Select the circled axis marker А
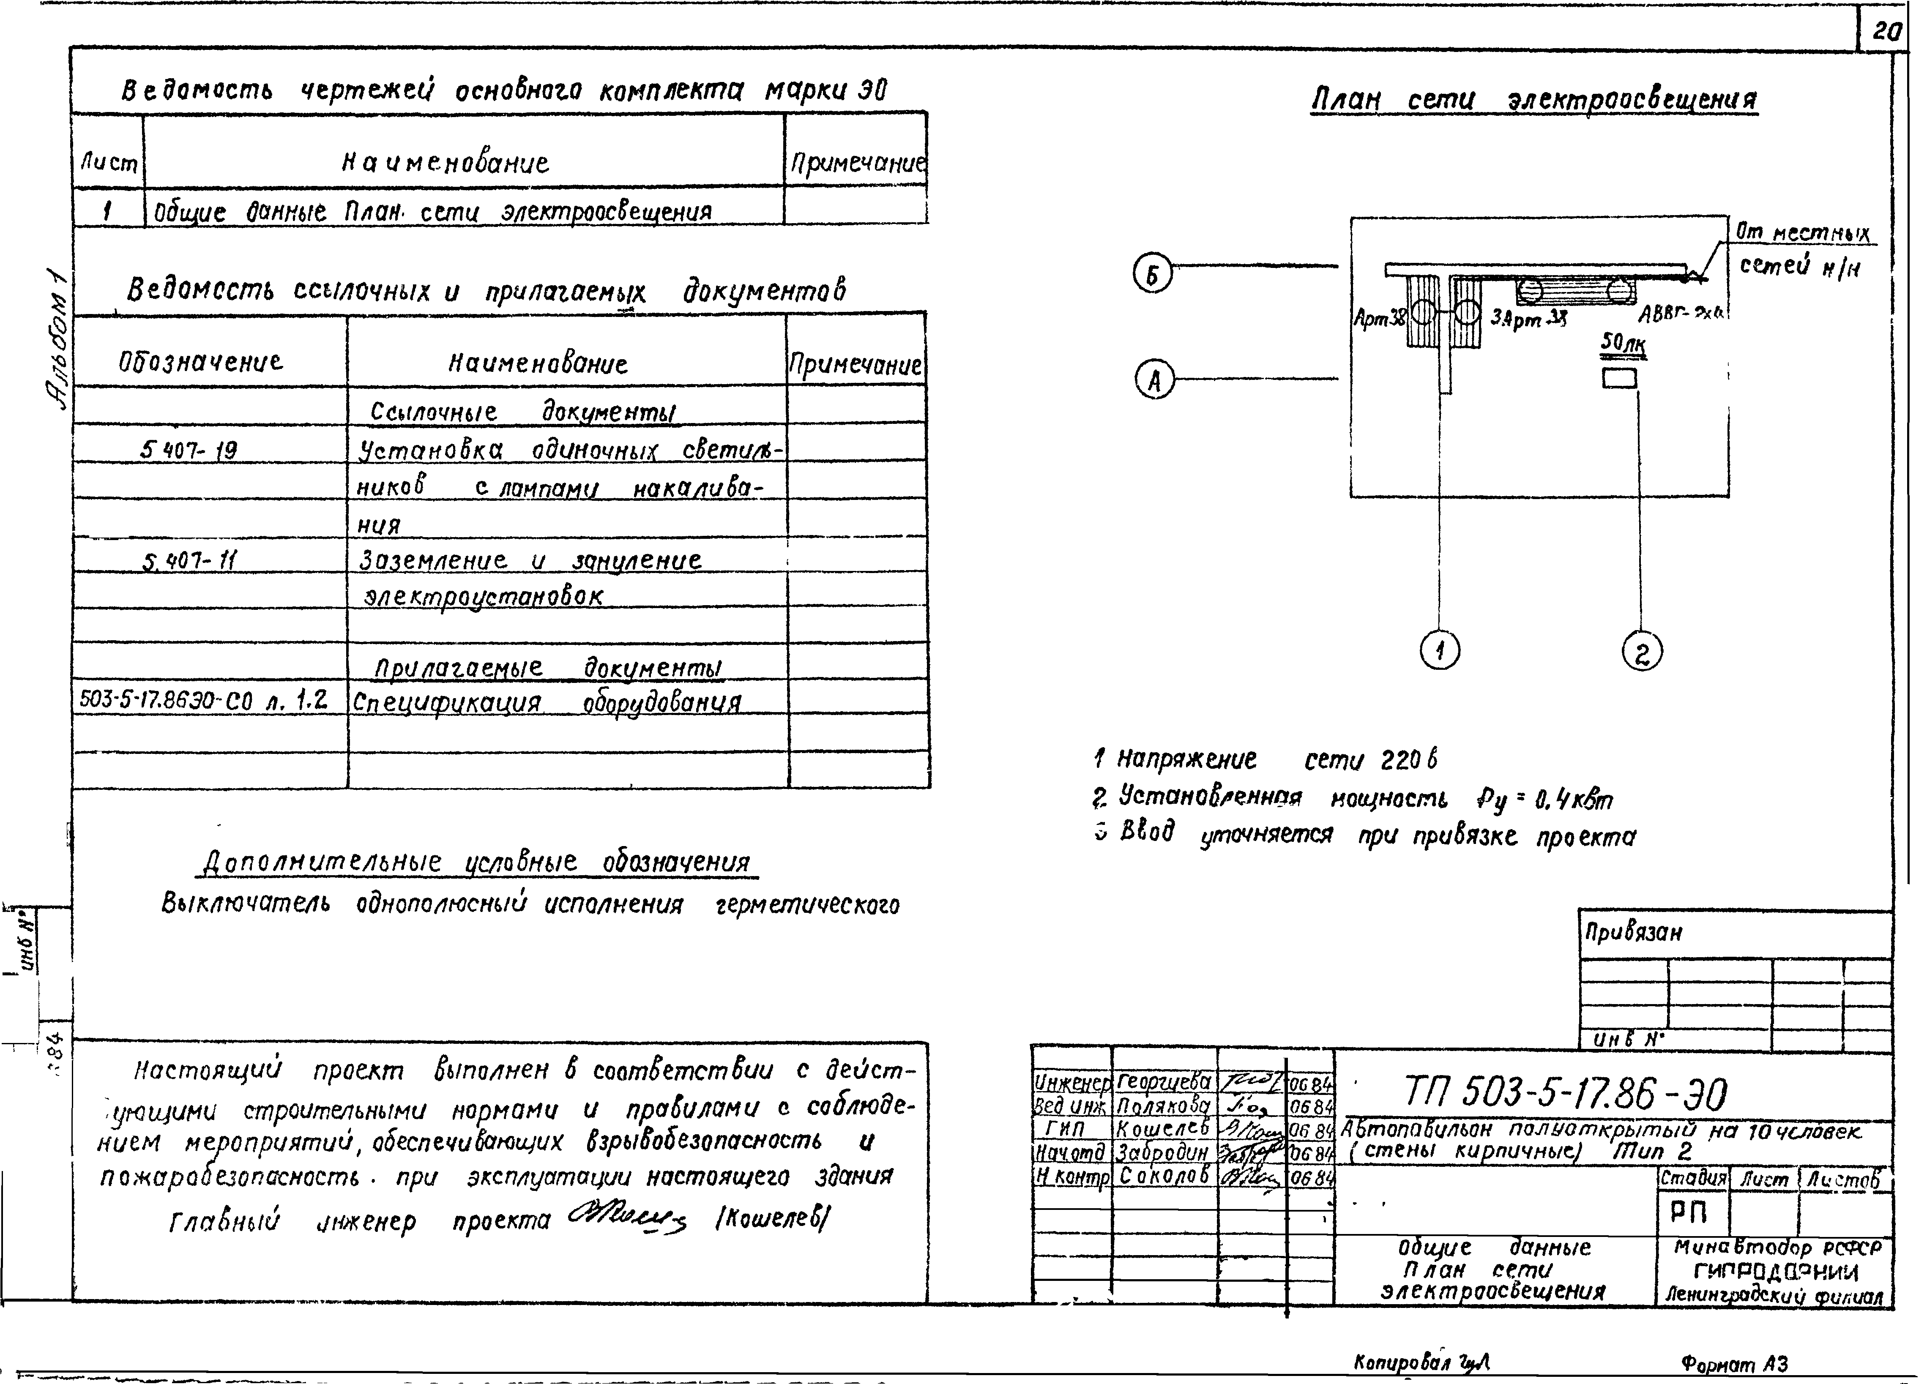[x=1154, y=381]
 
